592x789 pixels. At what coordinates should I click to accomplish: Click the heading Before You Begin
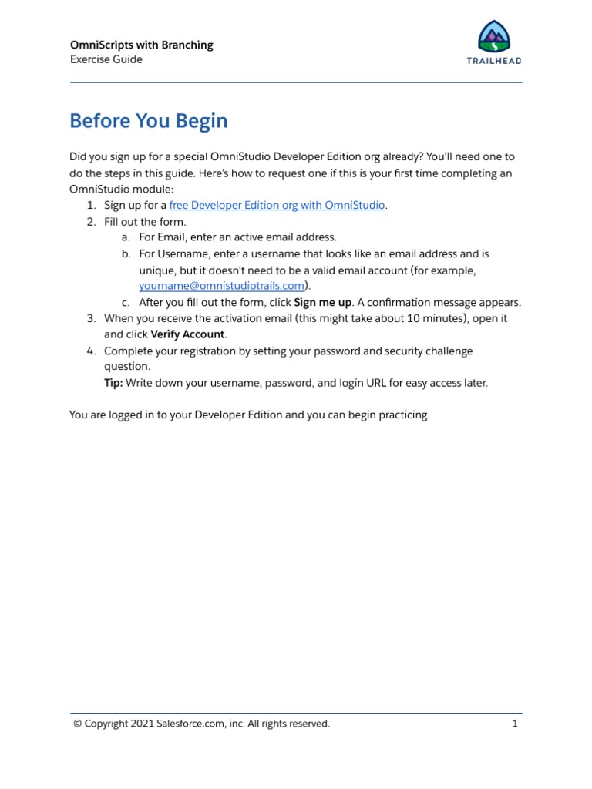(148, 122)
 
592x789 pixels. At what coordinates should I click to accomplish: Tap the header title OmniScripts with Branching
(141, 45)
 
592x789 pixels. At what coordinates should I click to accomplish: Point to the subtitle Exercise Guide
(106, 59)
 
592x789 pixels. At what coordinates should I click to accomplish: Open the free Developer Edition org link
(277, 205)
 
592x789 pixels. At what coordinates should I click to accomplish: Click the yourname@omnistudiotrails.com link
(221, 285)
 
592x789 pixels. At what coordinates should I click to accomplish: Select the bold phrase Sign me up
(322, 302)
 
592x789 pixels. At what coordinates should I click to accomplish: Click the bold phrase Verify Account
(187, 334)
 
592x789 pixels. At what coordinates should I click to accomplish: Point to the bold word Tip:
(113, 383)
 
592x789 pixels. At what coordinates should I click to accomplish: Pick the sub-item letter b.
(125, 253)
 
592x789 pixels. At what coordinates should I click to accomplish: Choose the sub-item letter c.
(125, 302)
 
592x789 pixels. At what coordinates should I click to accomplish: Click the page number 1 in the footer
(514, 724)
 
